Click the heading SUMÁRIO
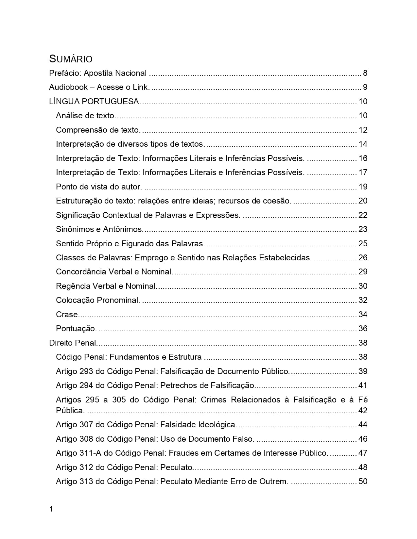click(71, 59)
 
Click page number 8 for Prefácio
click(365, 73)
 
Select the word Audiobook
click(68, 87)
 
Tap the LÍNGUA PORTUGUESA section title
click(95, 102)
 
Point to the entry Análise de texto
click(86, 116)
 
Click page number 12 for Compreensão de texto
click(363, 130)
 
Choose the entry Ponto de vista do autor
click(99, 187)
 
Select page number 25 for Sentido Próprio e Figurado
click(363, 244)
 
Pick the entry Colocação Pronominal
click(98, 300)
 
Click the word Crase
click(67, 315)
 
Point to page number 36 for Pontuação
click(363, 329)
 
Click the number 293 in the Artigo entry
click(86, 371)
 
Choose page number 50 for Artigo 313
click(363, 482)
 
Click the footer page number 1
click(51, 509)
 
